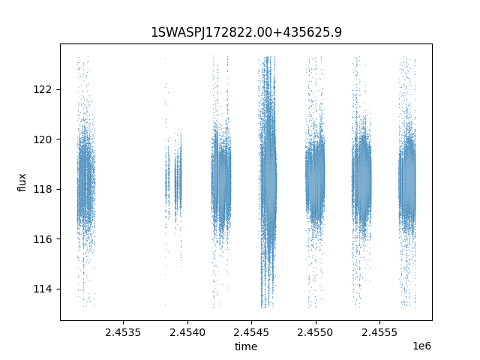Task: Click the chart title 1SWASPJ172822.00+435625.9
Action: click(247, 32)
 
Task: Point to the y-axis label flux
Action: click(22, 182)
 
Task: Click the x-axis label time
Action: click(246, 346)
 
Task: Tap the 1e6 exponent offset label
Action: click(421, 346)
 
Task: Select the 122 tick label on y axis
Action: click(43, 90)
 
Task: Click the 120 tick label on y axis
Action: click(43, 139)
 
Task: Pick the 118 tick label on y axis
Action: click(43, 190)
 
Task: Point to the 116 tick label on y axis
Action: click(43, 239)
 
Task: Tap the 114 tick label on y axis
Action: click(43, 289)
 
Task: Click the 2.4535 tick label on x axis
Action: click(123, 332)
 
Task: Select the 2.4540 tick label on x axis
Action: click(187, 332)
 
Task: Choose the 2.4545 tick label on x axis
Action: click(251, 332)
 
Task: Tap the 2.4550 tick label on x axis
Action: click(315, 332)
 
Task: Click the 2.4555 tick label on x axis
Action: click(379, 332)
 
